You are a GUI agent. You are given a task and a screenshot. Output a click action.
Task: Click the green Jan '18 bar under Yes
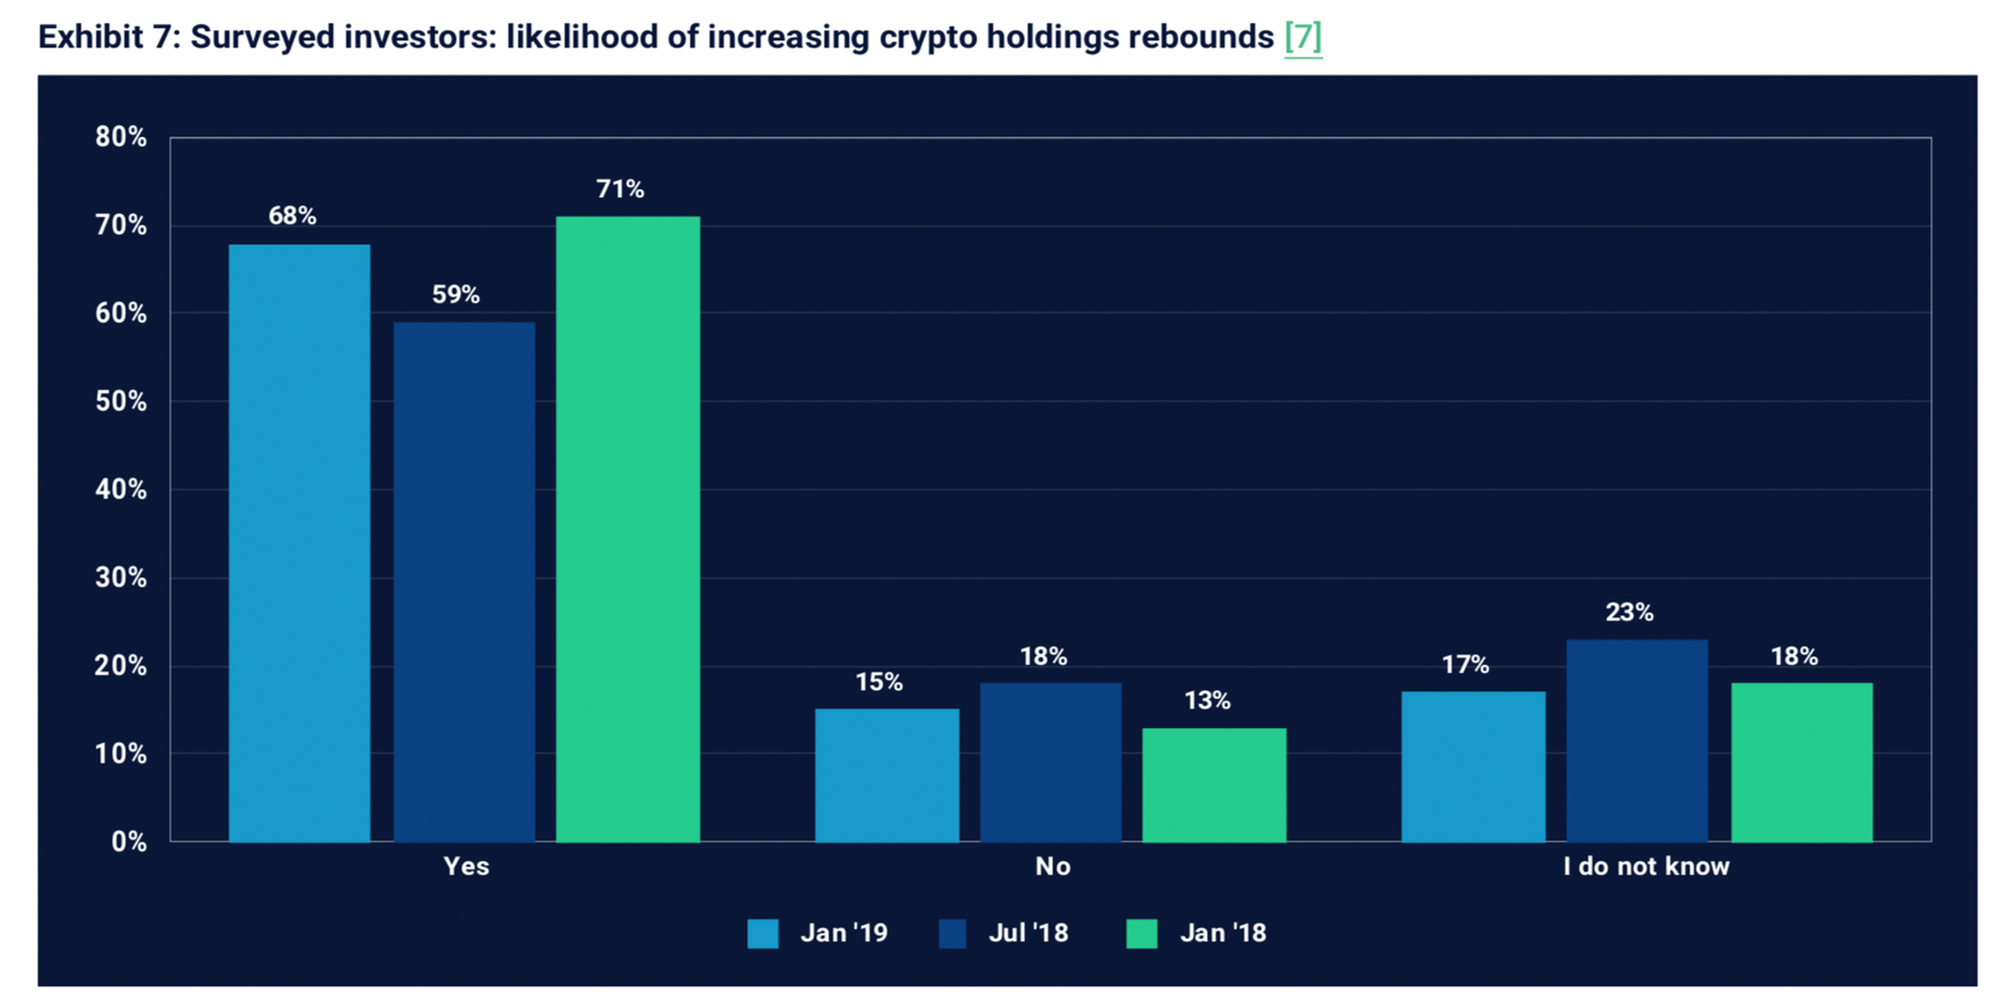[x=628, y=529]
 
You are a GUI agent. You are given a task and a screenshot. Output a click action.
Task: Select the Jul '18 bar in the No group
[x=1050, y=762]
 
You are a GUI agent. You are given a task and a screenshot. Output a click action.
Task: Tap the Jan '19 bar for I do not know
[x=1473, y=767]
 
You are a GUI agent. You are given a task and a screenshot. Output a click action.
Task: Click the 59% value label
[x=456, y=295]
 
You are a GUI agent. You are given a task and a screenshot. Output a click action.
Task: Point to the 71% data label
[x=620, y=189]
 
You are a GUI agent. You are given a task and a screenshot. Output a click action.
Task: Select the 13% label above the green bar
[x=1207, y=701]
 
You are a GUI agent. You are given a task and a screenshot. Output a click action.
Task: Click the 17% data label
[x=1465, y=665]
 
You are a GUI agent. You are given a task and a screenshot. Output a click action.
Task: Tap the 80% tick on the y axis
[x=121, y=138]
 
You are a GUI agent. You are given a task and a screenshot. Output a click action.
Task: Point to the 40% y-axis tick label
[x=121, y=489]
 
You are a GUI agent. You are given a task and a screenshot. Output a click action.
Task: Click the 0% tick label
[x=128, y=842]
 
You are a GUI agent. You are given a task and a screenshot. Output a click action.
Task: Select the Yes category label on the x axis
[x=466, y=867]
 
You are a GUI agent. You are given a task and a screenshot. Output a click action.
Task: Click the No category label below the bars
[x=1053, y=867]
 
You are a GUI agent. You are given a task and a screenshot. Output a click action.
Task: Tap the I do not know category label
[x=1646, y=867]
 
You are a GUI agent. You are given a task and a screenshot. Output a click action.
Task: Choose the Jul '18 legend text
[x=1028, y=932]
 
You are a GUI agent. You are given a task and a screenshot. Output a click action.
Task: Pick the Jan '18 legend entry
[x=1223, y=932]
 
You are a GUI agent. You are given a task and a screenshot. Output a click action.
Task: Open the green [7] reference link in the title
[x=1303, y=36]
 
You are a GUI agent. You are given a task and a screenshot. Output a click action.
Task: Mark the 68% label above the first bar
[x=292, y=216]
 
